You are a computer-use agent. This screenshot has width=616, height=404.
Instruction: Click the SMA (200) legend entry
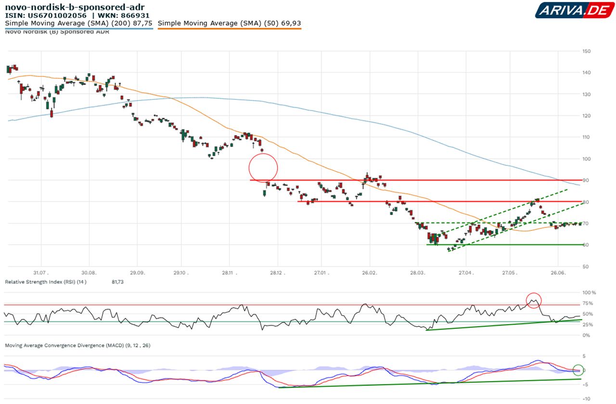coord(78,23)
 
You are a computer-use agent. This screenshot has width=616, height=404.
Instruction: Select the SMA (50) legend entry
coord(229,23)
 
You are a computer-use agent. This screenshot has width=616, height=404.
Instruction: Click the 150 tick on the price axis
coord(586,51)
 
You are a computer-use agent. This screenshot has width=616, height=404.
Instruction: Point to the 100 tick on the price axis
coord(586,159)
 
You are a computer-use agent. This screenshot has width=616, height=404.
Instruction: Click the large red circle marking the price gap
coord(263,168)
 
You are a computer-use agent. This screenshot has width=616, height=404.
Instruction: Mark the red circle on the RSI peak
coord(533,301)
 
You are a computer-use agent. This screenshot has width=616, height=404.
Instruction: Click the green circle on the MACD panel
coord(578,370)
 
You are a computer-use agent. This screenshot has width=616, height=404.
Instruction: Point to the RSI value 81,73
coord(117,282)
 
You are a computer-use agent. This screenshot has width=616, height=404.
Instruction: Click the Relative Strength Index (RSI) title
coord(46,282)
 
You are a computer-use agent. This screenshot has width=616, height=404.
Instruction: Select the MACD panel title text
coord(77,345)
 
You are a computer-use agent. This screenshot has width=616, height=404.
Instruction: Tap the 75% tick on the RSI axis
coord(588,303)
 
